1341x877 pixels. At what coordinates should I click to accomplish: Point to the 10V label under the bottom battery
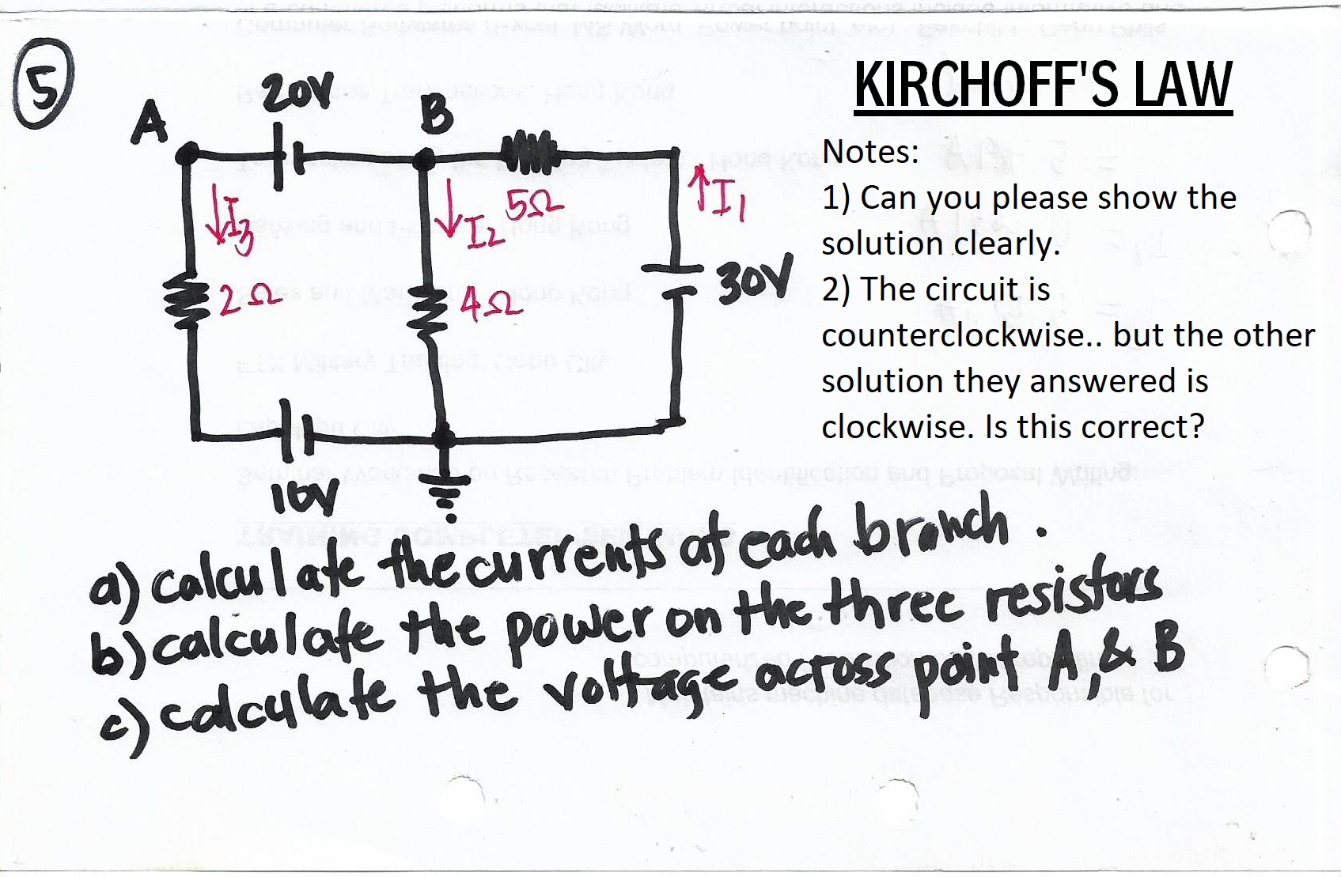coord(305,496)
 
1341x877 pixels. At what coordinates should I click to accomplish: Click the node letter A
coord(150,125)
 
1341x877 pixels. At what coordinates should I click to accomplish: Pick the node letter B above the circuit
coord(437,115)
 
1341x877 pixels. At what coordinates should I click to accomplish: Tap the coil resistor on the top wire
coord(528,150)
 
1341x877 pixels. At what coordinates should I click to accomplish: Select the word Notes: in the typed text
coord(870,151)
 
